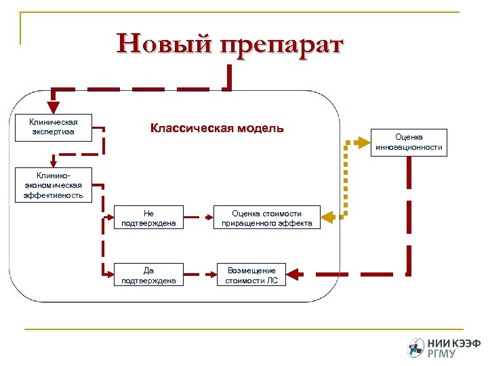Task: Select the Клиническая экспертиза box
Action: point(53,127)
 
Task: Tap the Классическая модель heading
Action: point(217,128)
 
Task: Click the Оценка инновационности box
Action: point(409,142)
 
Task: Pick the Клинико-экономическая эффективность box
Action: point(54,185)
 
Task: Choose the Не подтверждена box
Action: point(148,218)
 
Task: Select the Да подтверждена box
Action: point(148,275)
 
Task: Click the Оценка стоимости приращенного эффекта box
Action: point(266,218)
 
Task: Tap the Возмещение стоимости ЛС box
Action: point(251,275)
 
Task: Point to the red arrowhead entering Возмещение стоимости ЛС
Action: point(298,274)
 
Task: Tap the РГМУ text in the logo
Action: point(442,354)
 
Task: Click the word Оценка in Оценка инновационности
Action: point(409,137)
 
